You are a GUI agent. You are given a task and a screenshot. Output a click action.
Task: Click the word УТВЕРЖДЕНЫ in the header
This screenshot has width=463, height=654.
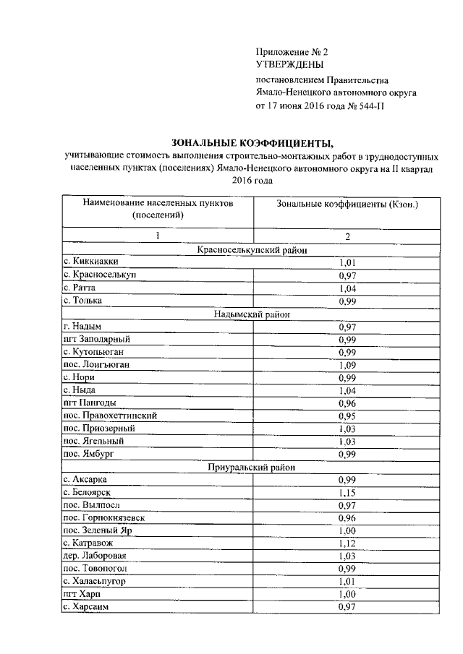tap(288, 65)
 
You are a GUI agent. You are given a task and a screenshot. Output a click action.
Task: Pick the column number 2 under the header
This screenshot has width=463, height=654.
tap(348, 236)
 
